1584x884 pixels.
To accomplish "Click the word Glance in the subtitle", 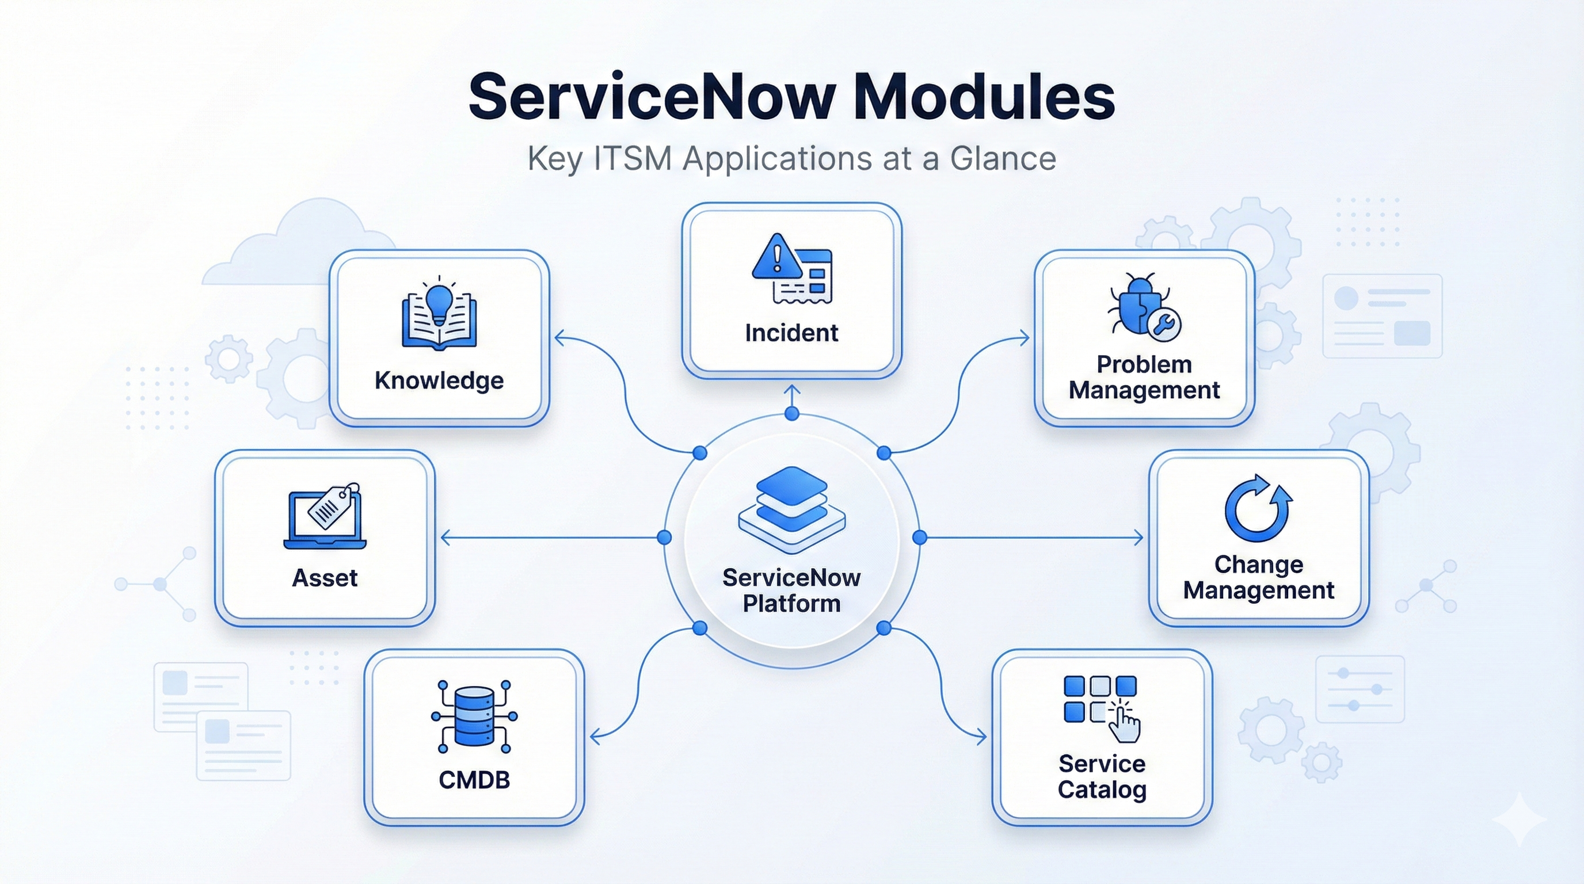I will click(1002, 159).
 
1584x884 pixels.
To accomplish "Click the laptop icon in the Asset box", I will click(324, 520).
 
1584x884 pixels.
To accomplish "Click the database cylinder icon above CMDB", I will click(474, 716).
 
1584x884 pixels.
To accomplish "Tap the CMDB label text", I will click(474, 780).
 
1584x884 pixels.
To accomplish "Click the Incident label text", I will click(791, 333).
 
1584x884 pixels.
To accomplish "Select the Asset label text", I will click(324, 578).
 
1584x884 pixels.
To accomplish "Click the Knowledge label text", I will click(439, 380).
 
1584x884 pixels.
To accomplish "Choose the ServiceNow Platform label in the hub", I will click(791, 590).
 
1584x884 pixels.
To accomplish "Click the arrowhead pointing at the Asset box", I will click(444, 538).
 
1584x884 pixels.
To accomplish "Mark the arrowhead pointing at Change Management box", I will click(1140, 538).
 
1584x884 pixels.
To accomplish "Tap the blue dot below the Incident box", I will click(792, 414).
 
